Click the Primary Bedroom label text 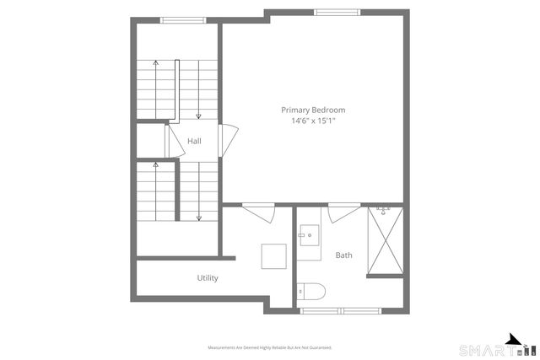pos(313,110)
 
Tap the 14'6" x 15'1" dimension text pos(313,121)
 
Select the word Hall pos(194,141)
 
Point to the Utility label pos(208,277)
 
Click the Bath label pos(344,255)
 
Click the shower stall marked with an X pos(385,242)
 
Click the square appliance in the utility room pos(273,255)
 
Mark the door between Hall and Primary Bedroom pos(224,140)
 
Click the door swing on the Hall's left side pos(175,142)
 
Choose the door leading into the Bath pos(341,213)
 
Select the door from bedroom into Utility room pos(257,213)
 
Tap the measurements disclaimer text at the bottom pos(269,347)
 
